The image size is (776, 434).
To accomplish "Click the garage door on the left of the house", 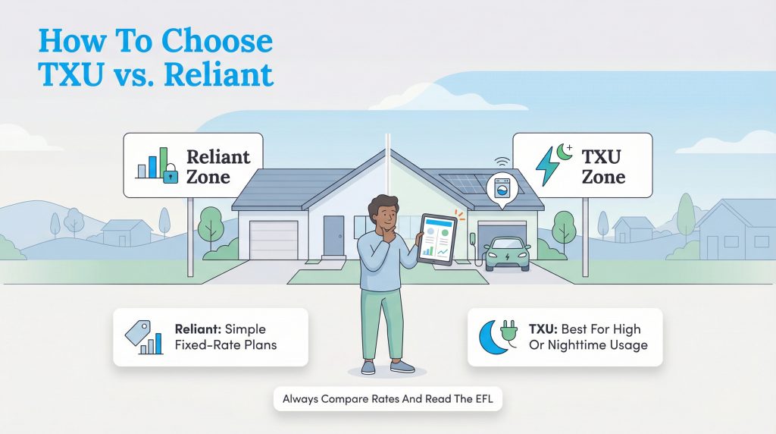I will tap(274, 239).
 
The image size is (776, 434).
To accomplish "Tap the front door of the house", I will tap(333, 234).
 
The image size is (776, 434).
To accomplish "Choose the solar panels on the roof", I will tap(470, 183).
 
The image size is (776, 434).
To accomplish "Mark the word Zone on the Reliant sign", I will tap(208, 178).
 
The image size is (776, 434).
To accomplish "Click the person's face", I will tap(383, 214).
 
